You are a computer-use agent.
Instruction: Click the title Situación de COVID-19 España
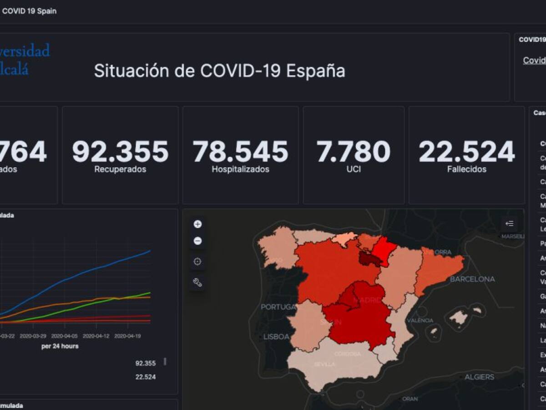219,71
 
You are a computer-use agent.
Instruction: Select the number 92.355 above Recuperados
120,152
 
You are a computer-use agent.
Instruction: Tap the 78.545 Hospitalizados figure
240,152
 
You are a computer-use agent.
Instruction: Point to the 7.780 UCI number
354,152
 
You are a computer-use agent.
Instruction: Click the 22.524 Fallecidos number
466,152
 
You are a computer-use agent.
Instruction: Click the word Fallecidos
466,169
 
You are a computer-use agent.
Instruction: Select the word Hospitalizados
240,169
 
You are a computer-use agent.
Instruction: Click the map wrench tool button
197,282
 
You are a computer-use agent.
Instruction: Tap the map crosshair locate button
197,261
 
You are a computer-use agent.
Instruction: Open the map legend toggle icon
510,224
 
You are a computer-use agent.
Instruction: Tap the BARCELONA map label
472,279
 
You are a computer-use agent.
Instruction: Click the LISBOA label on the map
276,337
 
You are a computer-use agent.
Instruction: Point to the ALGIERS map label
479,377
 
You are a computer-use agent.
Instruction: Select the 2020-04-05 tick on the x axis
64,336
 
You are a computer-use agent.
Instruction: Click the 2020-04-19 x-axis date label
127,336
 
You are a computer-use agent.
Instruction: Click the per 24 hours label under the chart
60,346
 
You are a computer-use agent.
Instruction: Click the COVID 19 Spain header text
29,11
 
